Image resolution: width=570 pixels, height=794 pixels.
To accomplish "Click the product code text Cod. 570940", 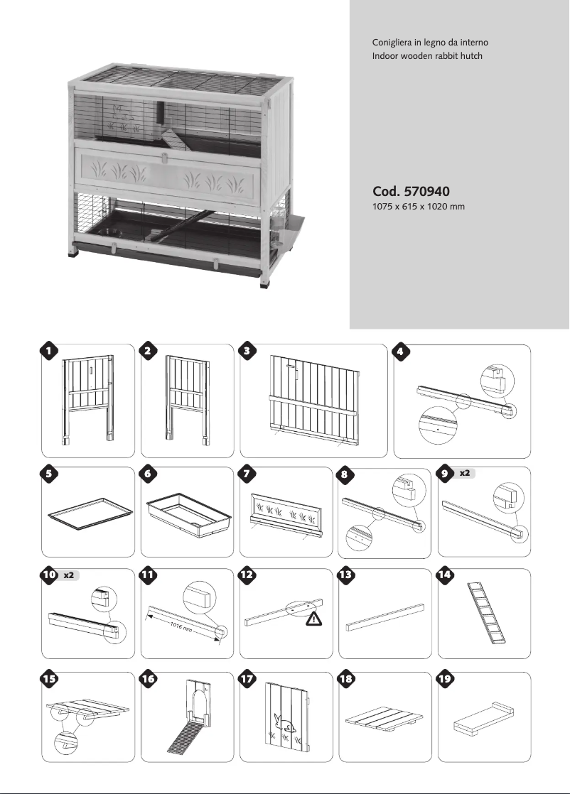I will point(411,192).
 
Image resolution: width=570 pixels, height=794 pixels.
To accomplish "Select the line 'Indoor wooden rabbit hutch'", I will point(422,55).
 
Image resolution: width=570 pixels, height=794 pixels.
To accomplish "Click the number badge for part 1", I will point(48,351).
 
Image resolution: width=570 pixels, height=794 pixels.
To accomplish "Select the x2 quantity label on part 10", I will point(69,575).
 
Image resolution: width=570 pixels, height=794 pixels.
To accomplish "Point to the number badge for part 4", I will point(402,351).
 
